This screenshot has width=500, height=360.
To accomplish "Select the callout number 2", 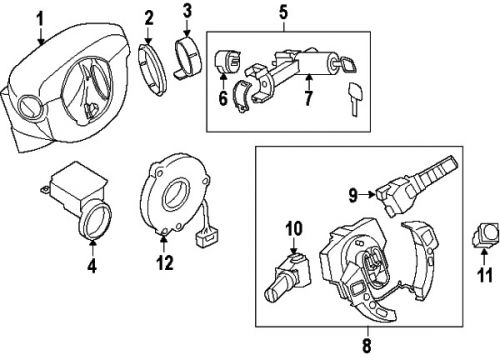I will pos(149,17).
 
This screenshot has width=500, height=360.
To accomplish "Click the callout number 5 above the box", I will pos(283,13).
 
